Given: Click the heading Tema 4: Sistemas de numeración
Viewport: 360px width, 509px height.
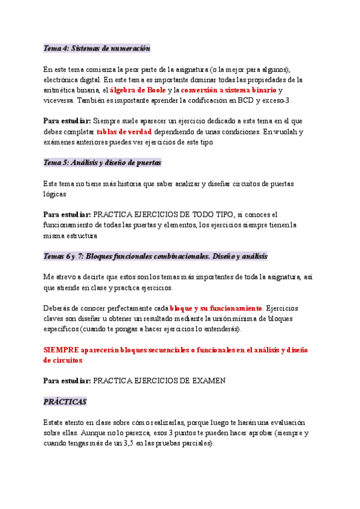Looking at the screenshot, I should coord(97,48).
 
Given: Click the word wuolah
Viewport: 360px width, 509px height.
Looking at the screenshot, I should coord(289,131).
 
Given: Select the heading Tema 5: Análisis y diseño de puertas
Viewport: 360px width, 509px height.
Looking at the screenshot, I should coord(103,163).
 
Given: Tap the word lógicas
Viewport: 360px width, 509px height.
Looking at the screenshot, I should coord(55,194).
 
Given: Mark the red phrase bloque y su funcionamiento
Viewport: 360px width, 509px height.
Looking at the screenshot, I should coord(217,309).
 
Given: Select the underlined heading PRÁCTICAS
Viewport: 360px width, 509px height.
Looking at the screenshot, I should coord(65,402).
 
